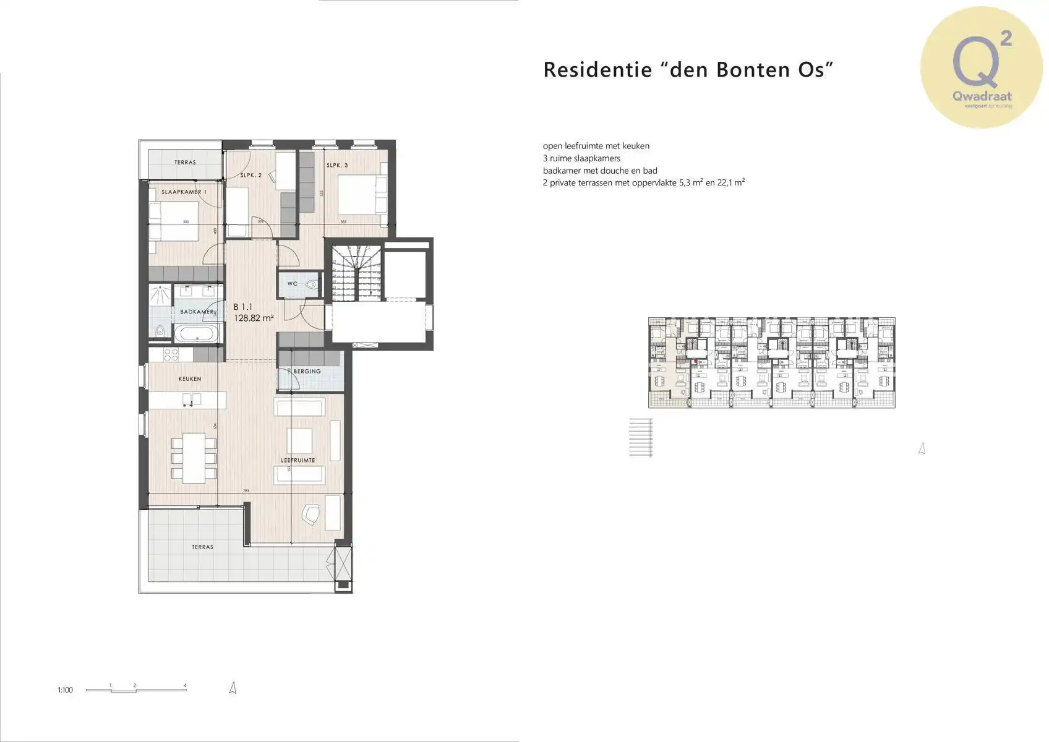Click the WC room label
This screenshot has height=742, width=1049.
[293, 284]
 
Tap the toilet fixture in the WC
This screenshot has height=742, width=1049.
[312, 285]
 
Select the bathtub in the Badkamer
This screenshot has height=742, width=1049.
[196, 335]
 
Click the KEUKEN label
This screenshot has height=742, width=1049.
[190, 379]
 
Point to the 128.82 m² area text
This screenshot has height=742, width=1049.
[254, 318]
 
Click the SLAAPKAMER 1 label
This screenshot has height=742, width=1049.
[184, 192]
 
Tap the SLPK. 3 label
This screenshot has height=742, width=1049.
[337, 165]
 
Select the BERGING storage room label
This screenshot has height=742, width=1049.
[307, 372]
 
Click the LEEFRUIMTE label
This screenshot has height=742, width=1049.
[298, 461]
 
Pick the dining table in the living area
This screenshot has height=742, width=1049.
[194, 458]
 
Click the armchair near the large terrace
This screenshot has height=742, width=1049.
[310, 514]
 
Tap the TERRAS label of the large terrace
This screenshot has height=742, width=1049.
[202, 547]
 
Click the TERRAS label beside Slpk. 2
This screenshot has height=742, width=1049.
[185, 163]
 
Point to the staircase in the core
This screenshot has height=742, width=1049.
[356, 273]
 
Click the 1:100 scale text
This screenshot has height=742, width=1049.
[65, 690]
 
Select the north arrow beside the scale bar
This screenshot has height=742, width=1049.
[233, 688]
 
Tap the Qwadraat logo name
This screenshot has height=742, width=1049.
[982, 96]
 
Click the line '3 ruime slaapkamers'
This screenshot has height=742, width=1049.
[581, 158]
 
